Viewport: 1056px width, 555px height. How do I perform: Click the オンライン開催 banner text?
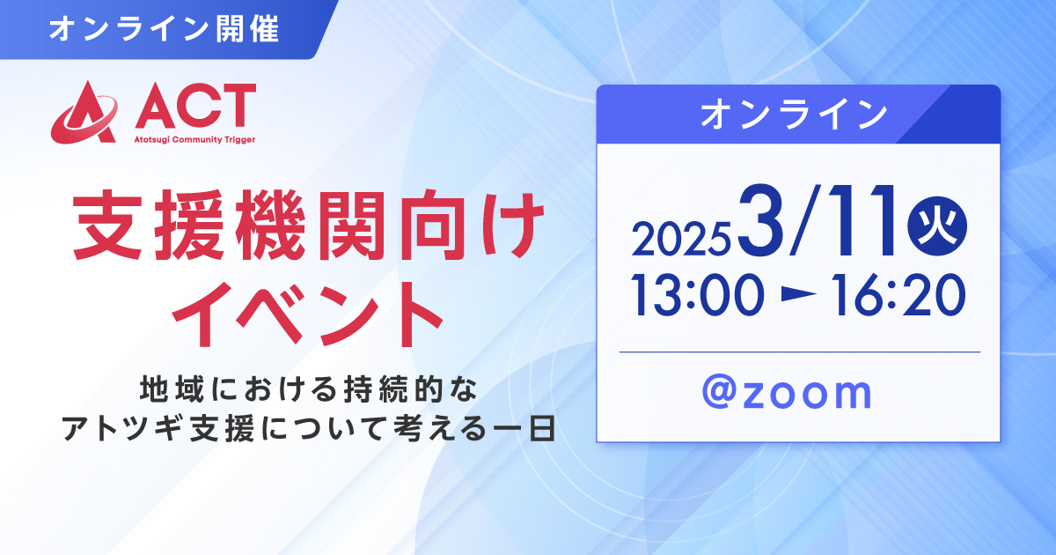click(164, 29)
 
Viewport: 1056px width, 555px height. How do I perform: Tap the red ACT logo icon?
click(84, 112)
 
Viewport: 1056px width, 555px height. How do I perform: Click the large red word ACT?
click(195, 107)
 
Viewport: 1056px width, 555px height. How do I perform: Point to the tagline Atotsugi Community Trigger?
click(194, 140)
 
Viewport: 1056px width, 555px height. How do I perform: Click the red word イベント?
click(308, 314)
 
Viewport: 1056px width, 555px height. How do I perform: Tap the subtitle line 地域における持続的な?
click(309, 388)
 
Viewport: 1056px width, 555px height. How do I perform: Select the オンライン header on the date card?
click(794, 115)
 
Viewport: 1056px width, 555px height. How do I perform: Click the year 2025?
click(681, 239)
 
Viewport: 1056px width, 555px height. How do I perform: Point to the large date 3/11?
click(817, 221)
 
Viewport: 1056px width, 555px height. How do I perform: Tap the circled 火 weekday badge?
click(937, 226)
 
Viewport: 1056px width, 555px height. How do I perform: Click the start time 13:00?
click(697, 295)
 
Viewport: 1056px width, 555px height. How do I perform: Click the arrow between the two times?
click(797, 294)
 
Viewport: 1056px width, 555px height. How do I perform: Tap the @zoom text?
click(787, 393)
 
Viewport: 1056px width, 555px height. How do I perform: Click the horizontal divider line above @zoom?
click(800, 352)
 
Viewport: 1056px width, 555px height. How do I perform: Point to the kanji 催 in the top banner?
click(265, 29)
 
